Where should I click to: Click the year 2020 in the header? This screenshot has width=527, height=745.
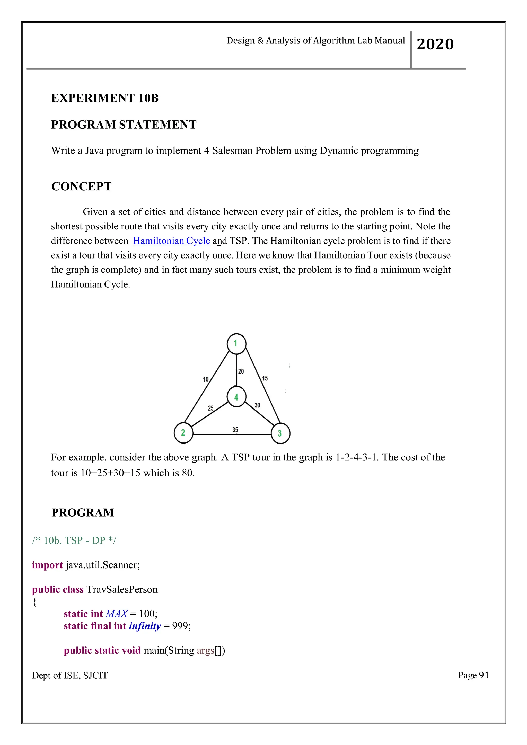(435, 44)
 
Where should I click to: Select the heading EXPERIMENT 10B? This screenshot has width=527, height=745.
(105, 98)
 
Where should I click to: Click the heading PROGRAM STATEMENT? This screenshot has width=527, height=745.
(124, 125)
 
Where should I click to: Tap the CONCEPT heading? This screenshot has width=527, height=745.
(82, 187)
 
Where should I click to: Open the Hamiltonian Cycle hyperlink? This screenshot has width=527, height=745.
(171, 241)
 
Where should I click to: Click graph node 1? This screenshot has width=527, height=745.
(236, 343)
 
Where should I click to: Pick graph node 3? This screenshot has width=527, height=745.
(280, 433)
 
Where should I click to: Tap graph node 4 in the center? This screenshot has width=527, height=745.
(236, 397)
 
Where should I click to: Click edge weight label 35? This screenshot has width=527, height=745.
(235, 430)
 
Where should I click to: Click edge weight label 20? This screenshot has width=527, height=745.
(241, 371)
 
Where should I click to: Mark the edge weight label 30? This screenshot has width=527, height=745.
(257, 405)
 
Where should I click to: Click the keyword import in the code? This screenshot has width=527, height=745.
(47, 565)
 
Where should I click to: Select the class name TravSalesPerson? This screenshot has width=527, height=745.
(122, 589)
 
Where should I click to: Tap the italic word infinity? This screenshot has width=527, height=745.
(145, 626)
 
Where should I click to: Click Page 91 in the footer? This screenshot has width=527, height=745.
(473, 675)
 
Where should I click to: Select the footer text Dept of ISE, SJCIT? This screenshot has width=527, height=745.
(70, 676)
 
